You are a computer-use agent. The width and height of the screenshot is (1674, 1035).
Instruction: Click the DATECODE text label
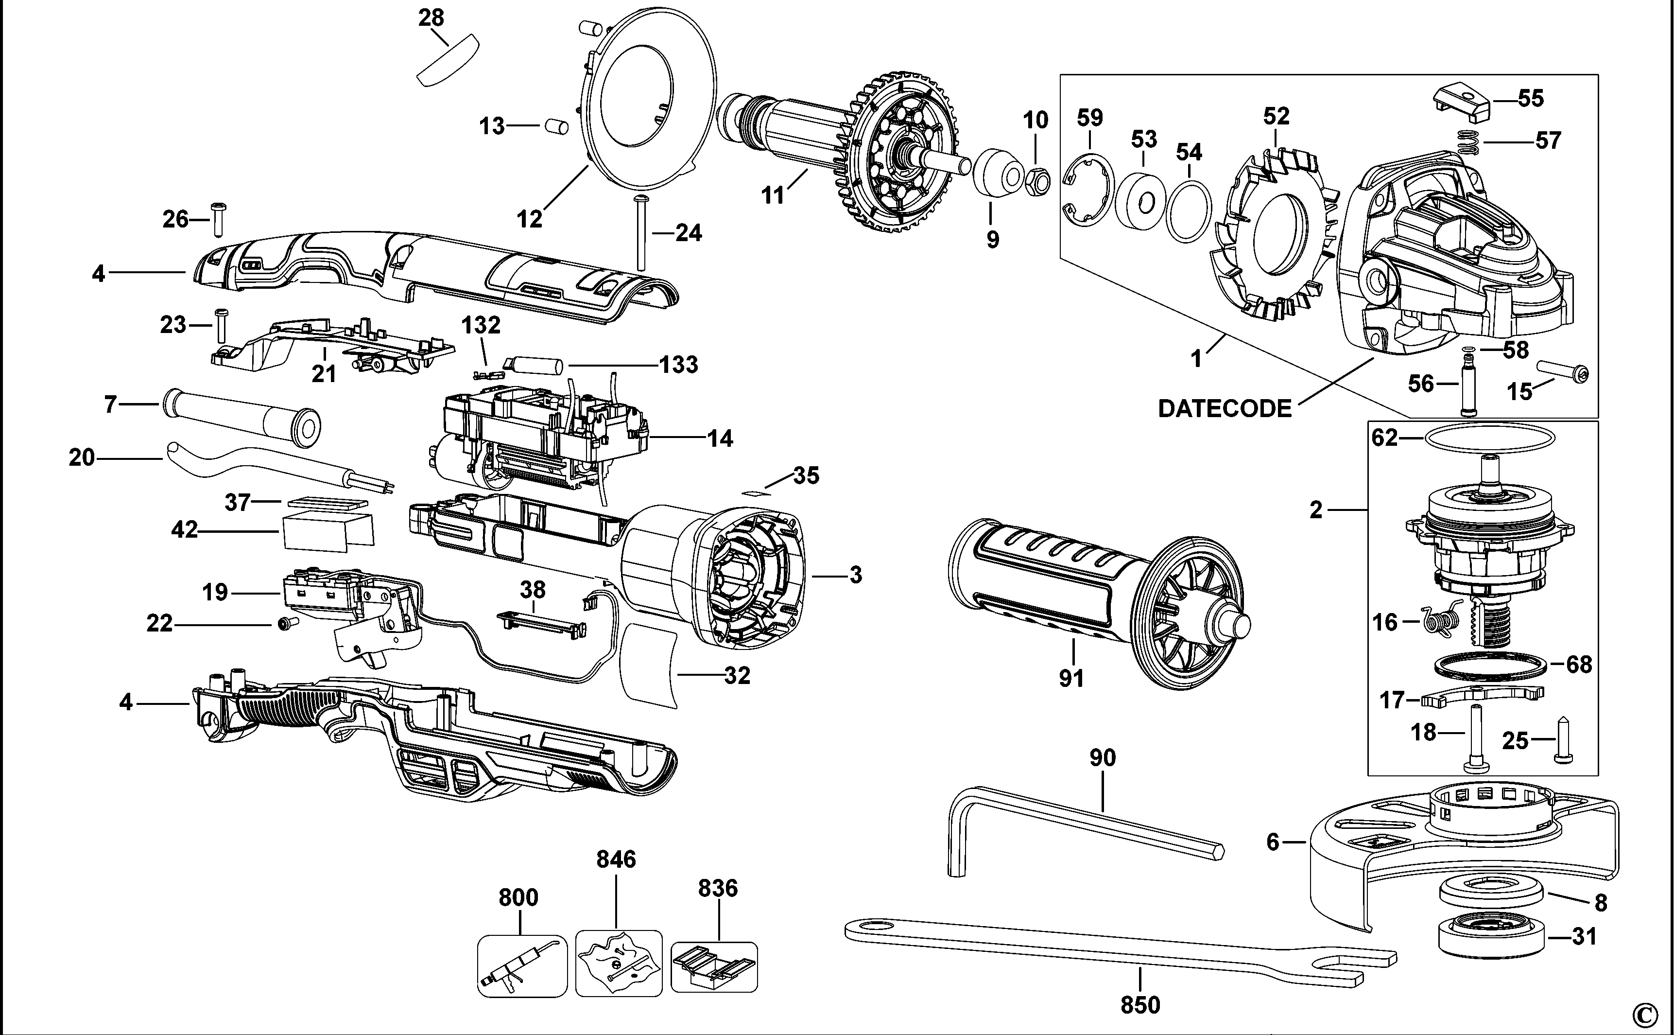click(x=1225, y=409)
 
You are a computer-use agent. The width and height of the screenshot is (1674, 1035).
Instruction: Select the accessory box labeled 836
click(x=714, y=966)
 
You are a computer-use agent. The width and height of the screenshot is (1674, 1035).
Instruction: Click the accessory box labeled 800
click(x=522, y=966)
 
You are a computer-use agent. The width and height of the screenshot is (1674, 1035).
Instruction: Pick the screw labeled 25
click(x=1563, y=740)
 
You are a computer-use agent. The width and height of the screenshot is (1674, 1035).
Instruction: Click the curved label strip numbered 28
click(x=448, y=63)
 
